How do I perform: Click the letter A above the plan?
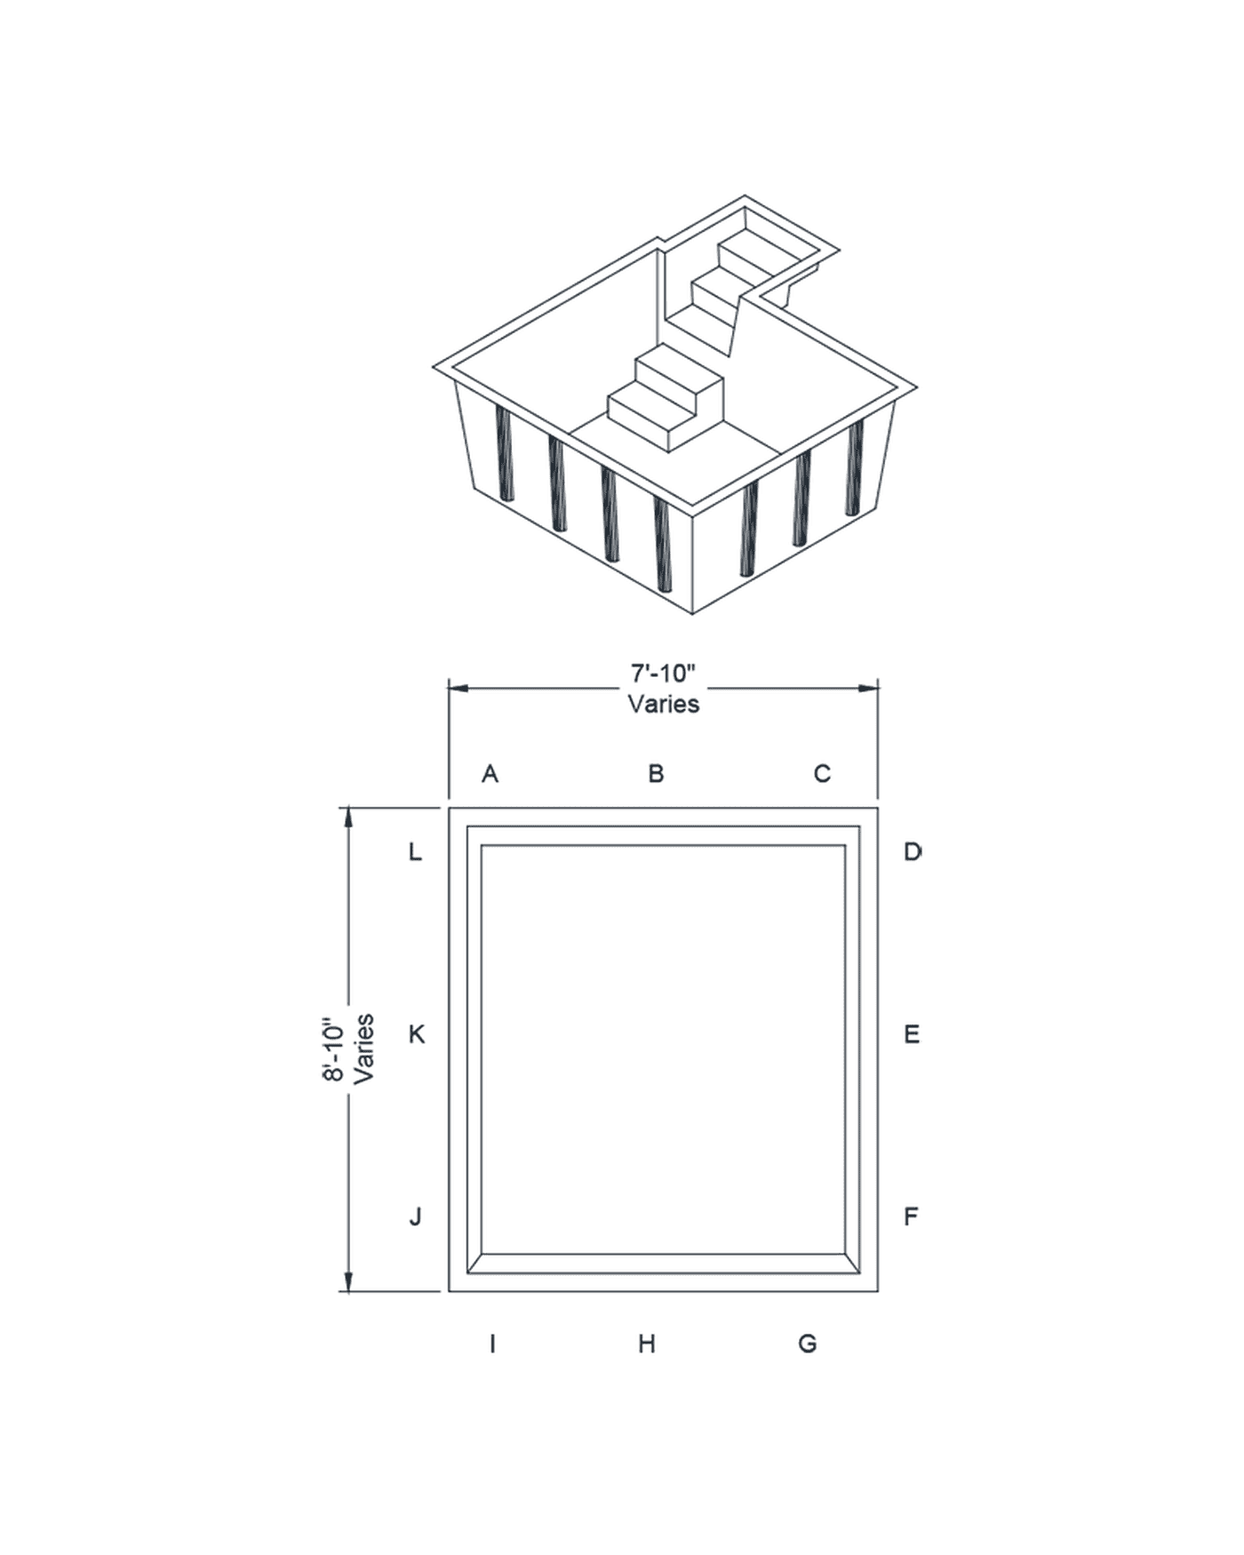click(490, 773)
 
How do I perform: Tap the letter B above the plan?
click(656, 772)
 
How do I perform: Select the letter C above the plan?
click(822, 773)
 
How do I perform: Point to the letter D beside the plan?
click(913, 852)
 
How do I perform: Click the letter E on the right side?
click(913, 1034)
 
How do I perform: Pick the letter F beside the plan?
click(912, 1216)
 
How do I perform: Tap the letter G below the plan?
click(808, 1344)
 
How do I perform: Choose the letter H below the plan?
click(647, 1344)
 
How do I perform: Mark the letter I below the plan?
click(492, 1344)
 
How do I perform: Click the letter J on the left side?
click(416, 1216)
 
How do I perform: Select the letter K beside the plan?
click(416, 1034)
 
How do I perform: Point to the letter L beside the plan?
click(415, 852)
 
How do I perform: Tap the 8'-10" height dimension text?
click(335, 1049)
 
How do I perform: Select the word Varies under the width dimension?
click(663, 704)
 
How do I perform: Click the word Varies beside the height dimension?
click(363, 1049)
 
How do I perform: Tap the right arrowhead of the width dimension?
click(868, 688)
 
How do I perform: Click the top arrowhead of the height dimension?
click(347, 817)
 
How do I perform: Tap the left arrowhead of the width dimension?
click(458, 688)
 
